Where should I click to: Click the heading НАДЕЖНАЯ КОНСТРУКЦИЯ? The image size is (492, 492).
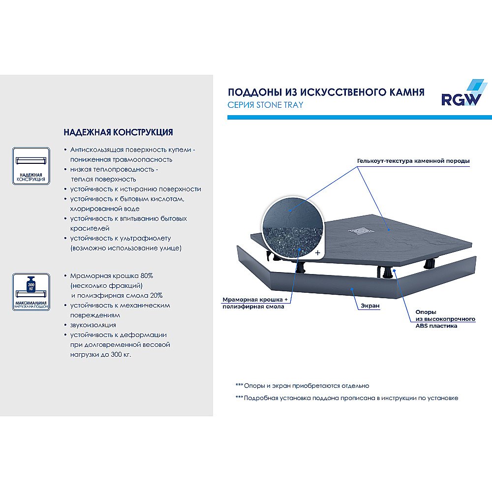[118, 133]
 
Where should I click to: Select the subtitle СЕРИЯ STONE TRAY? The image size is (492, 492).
[265, 105]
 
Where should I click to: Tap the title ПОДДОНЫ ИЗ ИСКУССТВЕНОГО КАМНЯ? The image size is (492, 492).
[326, 92]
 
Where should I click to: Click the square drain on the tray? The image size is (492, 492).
[360, 229]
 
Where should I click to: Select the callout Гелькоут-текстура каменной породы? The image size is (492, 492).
[413, 161]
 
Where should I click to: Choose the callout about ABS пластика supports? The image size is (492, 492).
[445, 319]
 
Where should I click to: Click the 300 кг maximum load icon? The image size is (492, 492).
[31, 292]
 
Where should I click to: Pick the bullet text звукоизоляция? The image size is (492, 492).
[93, 325]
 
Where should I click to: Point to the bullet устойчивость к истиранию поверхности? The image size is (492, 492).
[135, 189]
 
